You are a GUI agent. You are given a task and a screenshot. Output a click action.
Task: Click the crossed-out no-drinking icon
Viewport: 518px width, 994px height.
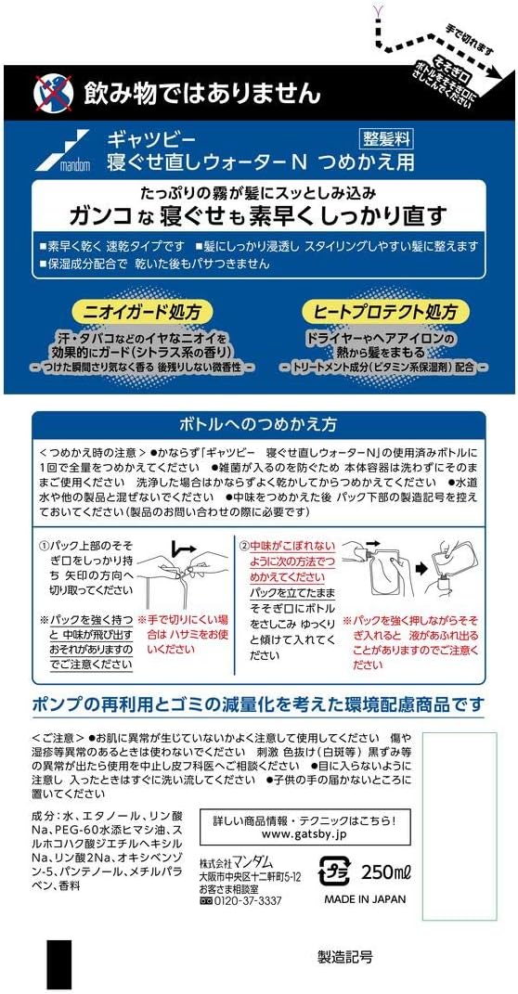tap(53, 93)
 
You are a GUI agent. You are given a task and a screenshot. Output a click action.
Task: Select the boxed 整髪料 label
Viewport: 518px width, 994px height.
tap(386, 138)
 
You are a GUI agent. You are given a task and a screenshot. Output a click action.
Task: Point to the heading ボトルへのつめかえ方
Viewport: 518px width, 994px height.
tap(258, 423)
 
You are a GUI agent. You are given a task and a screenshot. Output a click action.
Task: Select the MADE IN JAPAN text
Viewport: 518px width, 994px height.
tap(365, 899)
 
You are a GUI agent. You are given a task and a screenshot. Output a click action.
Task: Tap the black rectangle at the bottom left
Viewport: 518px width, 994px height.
tap(59, 966)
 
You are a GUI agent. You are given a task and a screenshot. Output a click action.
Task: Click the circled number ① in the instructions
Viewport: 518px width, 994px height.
tap(44, 545)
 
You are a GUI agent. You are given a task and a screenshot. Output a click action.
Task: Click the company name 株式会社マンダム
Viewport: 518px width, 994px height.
tap(235, 863)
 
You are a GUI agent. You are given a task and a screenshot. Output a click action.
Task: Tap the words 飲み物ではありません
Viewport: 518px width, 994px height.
tap(202, 93)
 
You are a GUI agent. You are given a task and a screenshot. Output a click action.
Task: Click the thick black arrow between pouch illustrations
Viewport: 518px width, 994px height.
tap(421, 567)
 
